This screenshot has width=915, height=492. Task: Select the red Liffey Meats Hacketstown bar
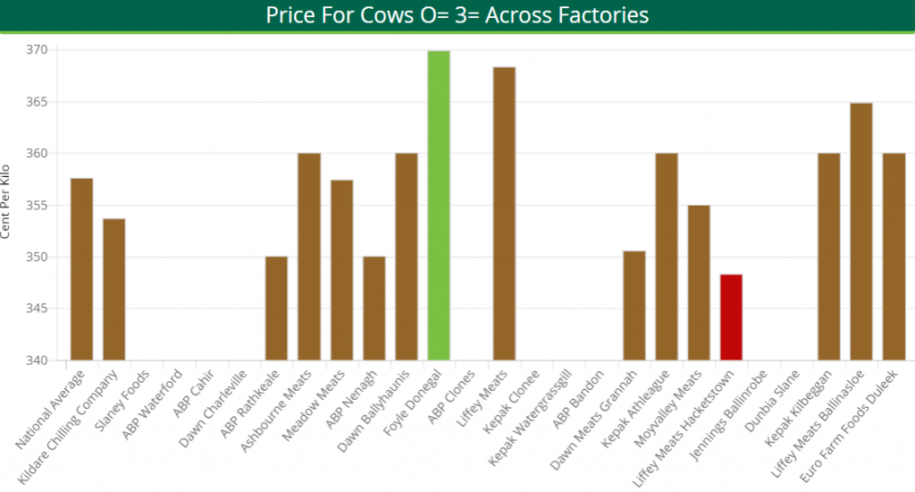coord(731,318)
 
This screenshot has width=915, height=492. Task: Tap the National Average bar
coord(81,269)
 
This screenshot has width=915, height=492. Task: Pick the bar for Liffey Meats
coord(504,214)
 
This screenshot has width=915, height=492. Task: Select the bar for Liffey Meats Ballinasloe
coord(861,232)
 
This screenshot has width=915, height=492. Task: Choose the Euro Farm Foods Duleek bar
coord(894,257)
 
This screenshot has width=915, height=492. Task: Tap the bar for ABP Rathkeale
coord(276,309)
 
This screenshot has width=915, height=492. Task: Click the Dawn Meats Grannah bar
coord(634,306)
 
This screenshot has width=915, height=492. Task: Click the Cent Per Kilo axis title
coord(7,201)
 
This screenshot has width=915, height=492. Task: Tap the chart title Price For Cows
coord(457,15)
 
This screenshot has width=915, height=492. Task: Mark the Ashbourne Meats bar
coord(309,257)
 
